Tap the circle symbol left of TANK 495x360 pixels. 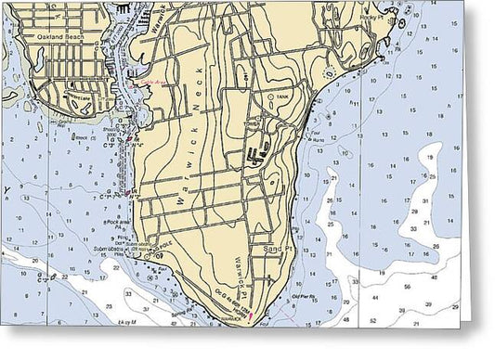[x=269, y=96]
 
